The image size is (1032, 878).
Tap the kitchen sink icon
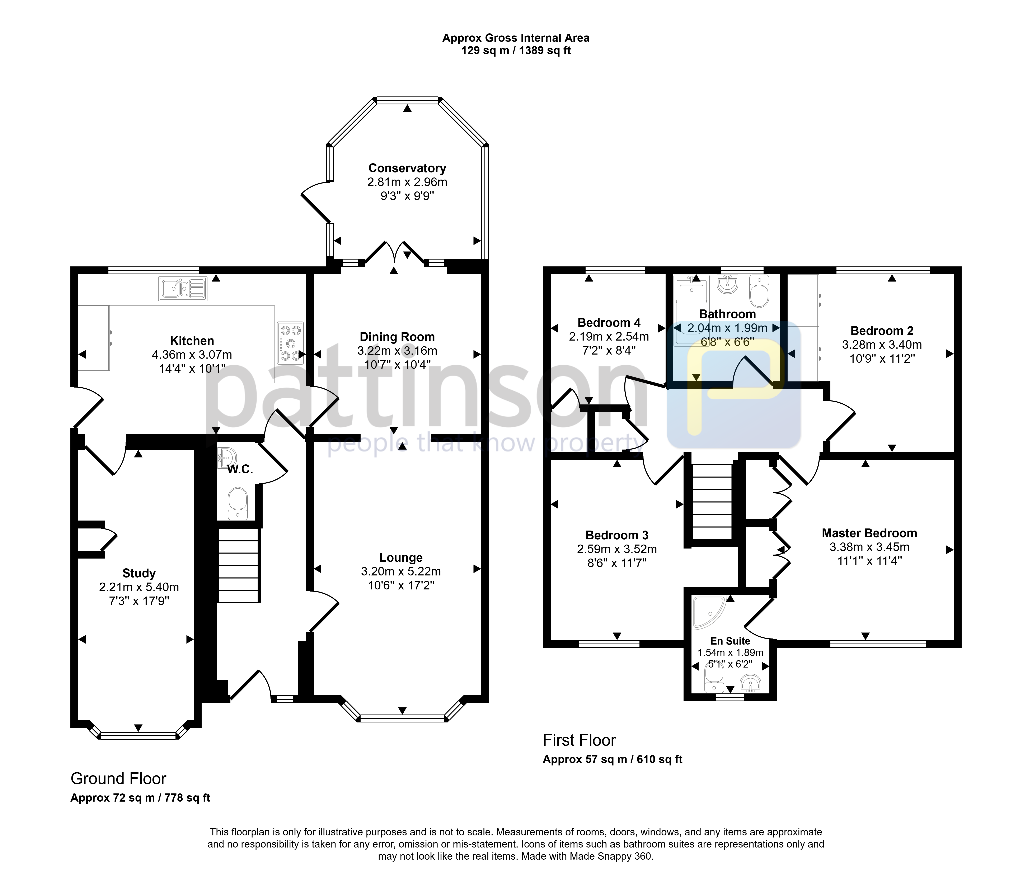[183, 289]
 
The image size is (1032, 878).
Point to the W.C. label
[240, 469]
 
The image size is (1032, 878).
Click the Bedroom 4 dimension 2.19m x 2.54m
[609, 336]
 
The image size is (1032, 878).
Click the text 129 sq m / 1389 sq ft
[516, 51]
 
